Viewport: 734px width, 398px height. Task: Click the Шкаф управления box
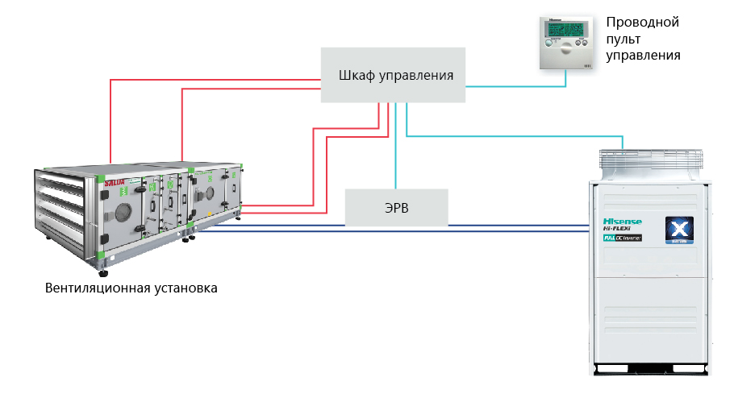(x=393, y=75)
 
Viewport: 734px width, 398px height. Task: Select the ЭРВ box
(x=396, y=207)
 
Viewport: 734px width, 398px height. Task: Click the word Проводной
(x=642, y=22)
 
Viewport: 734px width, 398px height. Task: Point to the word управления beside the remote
(x=643, y=56)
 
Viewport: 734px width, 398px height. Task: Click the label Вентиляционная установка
(x=131, y=288)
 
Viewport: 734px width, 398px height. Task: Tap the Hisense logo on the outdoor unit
(x=619, y=221)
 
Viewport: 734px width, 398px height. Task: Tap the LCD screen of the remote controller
(x=563, y=31)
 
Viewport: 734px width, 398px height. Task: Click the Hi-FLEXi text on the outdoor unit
(x=619, y=230)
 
